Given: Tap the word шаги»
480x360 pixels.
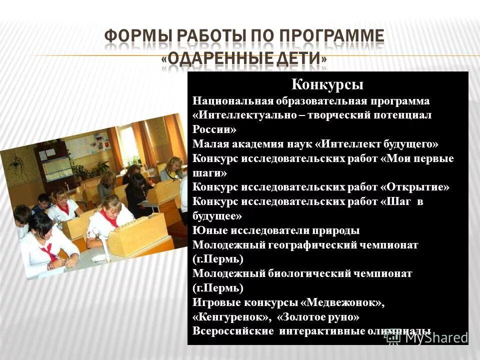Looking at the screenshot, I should pos(209,173).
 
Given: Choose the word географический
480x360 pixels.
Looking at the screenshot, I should pos(314,245).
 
